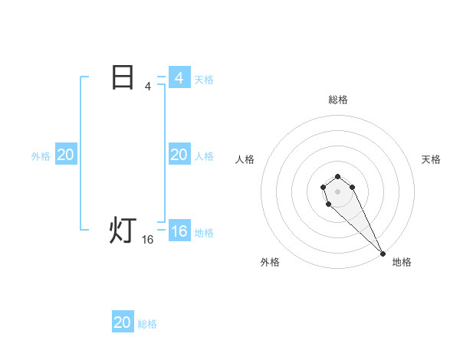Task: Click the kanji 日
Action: click(x=123, y=77)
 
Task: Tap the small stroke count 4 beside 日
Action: click(x=148, y=87)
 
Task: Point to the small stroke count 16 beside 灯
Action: click(x=148, y=240)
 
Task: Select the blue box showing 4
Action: click(x=179, y=78)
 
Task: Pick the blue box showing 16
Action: click(x=179, y=231)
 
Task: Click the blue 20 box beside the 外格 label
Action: click(x=65, y=155)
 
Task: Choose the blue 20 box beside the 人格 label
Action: click(x=179, y=155)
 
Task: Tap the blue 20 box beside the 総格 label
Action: click(x=123, y=322)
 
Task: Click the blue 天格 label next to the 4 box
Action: click(x=204, y=79)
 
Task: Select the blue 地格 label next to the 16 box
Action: click(x=204, y=233)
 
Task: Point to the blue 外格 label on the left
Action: click(x=41, y=155)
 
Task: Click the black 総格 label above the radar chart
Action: click(x=338, y=100)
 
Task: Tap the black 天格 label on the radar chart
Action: click(x=431, y=159)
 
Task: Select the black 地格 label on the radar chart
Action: click(x=402, y=262)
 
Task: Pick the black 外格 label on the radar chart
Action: click(x=270, y=262)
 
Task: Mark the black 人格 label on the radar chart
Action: click(x=245, y=159)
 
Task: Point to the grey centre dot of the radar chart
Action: click(x=338, y=191)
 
